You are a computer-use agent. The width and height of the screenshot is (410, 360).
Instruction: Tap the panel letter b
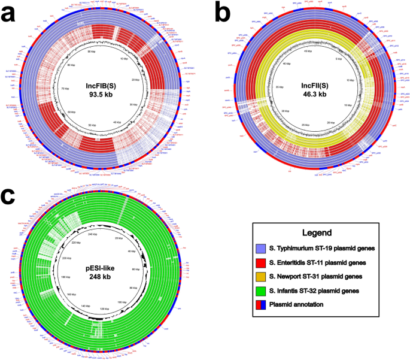point(220,13)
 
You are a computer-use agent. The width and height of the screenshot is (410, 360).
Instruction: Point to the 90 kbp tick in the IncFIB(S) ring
point(92,52)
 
